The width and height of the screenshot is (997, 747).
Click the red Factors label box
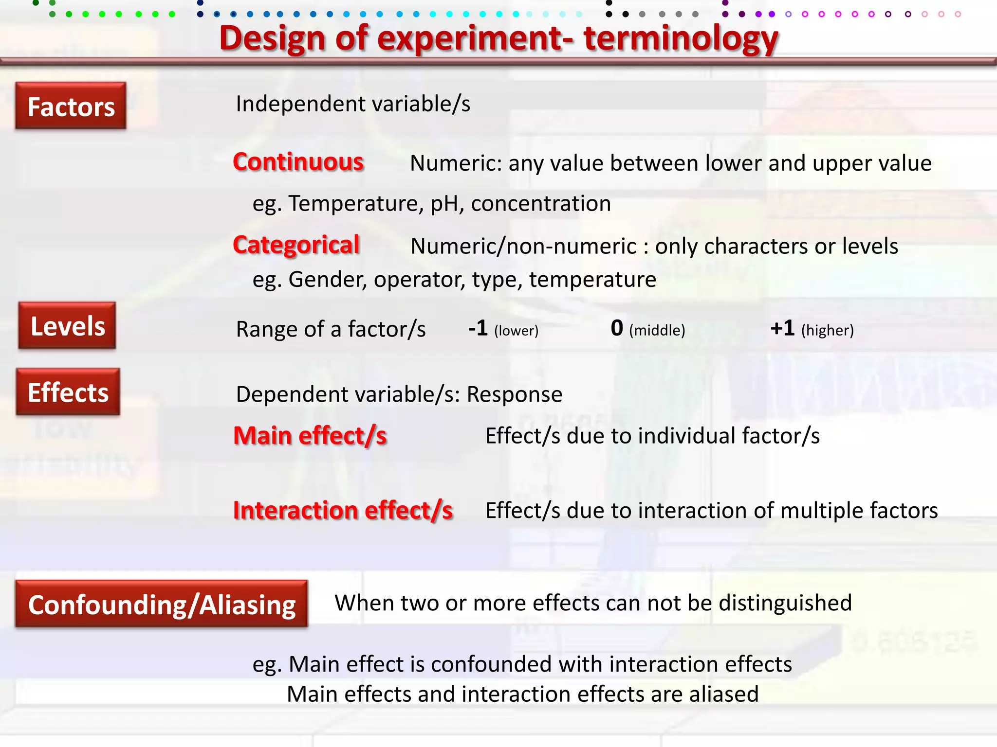pos(71,106)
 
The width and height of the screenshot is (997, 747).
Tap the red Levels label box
pos(68,325)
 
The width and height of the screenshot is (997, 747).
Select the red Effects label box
pos(68,392)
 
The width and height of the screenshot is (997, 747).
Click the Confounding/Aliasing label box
pos(162,604)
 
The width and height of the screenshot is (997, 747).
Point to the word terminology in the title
pos(681,39)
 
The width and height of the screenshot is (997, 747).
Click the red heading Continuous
pos(298,162)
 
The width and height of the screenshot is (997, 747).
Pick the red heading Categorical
pos(296,245)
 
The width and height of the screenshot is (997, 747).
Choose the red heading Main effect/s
pos(310,436)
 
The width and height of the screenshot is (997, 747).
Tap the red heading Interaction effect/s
pos(343,511)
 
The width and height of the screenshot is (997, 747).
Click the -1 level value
pos(478,328)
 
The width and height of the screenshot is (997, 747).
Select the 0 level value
pos(617,328)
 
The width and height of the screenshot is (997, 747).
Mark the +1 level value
pos(782,328)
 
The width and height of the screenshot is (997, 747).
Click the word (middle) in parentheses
pos(657,331)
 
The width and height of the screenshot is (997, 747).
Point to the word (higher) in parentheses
pos(828,331)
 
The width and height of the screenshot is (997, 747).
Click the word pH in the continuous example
pos(445,204)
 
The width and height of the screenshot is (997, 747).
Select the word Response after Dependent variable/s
pos(515,394)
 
